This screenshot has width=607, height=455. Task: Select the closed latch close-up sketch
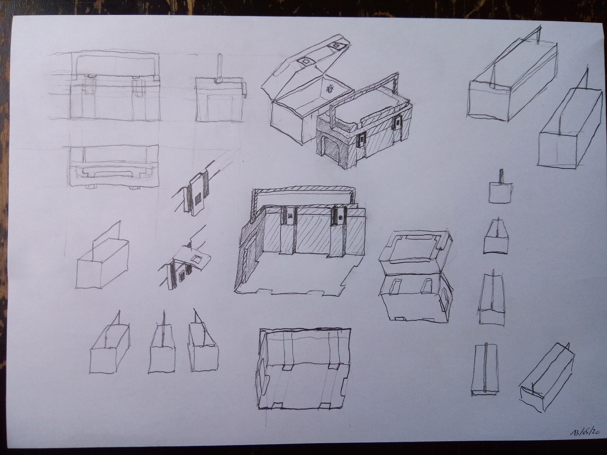196,196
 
